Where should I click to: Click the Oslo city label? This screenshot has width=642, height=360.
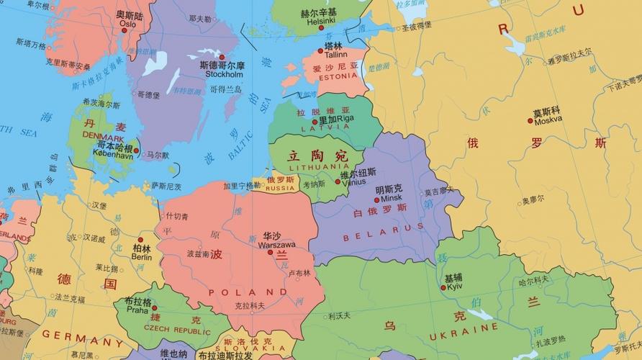(127, 24)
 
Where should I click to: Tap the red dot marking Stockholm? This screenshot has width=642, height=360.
(222, 57)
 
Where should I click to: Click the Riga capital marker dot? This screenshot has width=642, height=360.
(315, 121)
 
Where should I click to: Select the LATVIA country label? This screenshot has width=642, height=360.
(325, 127)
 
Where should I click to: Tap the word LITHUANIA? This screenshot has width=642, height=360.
(318, 166)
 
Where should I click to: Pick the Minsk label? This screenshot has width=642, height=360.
(392, 198)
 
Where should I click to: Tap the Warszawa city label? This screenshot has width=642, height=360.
(276, 245)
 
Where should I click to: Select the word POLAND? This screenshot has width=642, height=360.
(242, 292)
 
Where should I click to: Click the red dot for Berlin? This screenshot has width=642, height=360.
(140, 240)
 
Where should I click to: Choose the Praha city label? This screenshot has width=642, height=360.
(137, 310)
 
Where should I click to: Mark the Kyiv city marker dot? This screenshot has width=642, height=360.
(443, 287)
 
